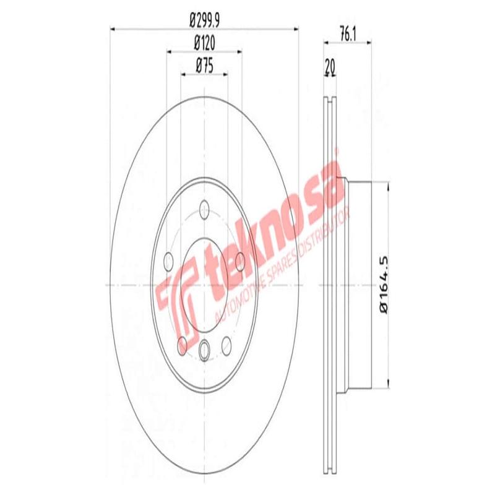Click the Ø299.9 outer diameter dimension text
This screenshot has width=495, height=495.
[x=205, y=22]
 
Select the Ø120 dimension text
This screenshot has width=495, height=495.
[x=205, y=45]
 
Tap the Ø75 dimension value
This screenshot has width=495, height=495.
[x=205, y=64]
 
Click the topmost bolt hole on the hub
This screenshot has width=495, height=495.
[x=205, y=209]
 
